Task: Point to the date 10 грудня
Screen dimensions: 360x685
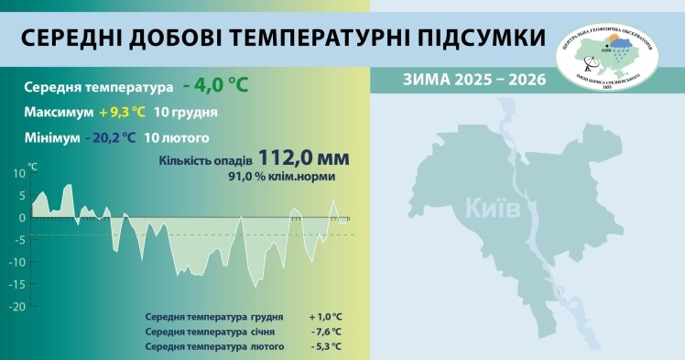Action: tap(186, 112)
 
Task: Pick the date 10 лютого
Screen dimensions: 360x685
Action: tap(178, 137)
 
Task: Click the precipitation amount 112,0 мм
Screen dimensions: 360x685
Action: tap(303, 158)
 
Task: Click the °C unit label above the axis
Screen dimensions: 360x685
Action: tap(33, 166)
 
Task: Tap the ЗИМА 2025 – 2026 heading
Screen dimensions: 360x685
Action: tap(473, 81)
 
